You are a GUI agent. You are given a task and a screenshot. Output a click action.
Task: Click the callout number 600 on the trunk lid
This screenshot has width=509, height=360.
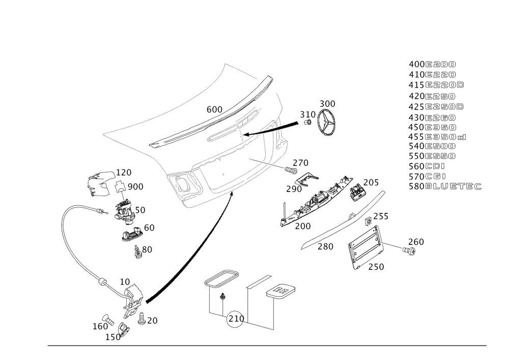pyautogui.click(x=214, y=109)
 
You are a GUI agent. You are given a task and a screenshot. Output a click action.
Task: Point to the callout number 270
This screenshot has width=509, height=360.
pyautogui.click(x=300, y=163)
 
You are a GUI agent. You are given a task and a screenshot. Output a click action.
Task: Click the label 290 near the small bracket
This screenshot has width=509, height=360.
pyautogui.click(x=294, y=189)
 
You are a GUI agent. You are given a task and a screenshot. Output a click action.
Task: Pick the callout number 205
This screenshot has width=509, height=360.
pyautogui.click(x=372, y=182)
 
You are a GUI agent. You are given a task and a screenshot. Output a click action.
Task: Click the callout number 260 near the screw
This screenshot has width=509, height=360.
pyautogui.click(x=416, y=241)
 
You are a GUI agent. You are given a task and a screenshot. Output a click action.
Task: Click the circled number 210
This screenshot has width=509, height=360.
pyautogui.click(x=236, y=319)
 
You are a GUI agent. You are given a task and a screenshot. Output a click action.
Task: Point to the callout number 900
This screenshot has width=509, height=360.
pyautogui.click(x=135, y=187)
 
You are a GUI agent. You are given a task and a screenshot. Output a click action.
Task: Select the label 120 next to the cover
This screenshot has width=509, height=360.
pyautogui.click(x=124, y=172)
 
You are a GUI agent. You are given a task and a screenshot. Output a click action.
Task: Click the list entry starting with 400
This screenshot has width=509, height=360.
pyautogui.click(x=433, y=65)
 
